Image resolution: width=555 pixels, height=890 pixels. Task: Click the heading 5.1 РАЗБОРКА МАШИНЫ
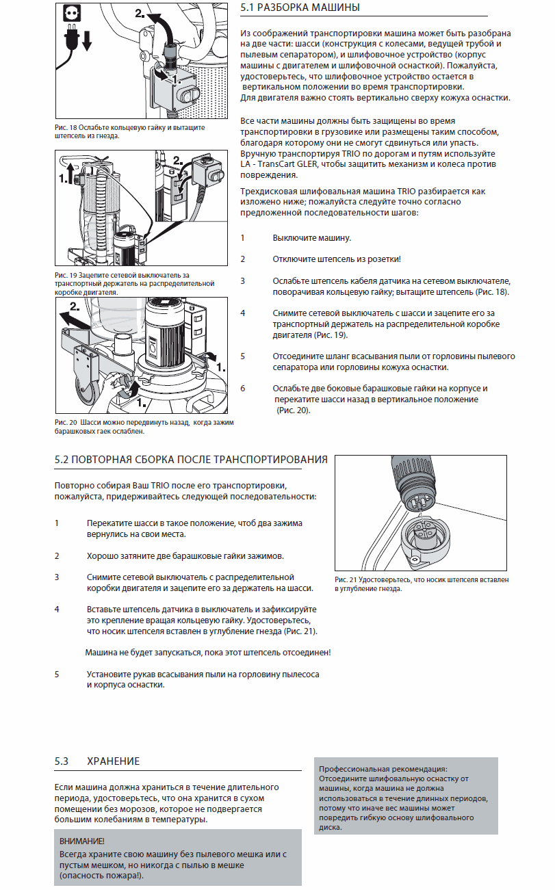(x=300, y=8)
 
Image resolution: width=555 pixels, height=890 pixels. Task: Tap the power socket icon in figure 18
(x=72, y=13)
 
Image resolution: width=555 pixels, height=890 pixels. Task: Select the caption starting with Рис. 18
(x=130, y=131)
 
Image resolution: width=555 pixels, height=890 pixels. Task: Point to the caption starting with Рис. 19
(x=134, y=284)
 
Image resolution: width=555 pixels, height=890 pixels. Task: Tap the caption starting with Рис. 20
(x=144, y=427)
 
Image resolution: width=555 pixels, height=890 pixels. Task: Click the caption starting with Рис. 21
(x=422, y=584)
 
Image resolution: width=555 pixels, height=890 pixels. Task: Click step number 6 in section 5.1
(x=243, y=389)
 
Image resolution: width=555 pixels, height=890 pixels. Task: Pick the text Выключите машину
(x=312, y=238)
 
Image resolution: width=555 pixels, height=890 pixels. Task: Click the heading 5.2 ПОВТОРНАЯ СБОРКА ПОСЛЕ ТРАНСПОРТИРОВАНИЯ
(x=191, y=460)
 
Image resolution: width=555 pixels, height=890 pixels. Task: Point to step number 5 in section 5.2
(x=57, y=675)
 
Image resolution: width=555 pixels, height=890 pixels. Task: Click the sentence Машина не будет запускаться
(x=208, y=653)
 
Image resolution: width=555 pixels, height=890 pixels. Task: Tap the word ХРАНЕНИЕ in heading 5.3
(x=114, y=761)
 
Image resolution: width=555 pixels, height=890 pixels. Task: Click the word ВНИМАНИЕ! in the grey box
(x=82, y=841)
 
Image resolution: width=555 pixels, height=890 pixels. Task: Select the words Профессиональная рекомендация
(x=383, y=769)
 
